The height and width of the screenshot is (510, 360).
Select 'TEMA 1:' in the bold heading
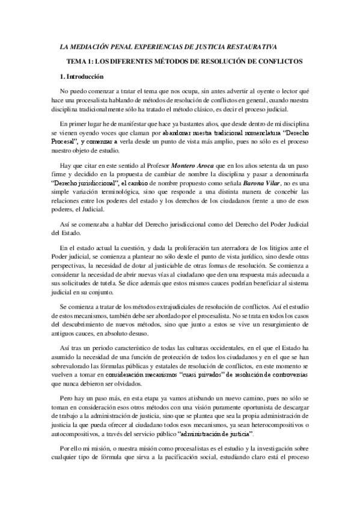coord(80,61)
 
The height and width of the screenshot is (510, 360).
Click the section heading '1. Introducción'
coord(79,77)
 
